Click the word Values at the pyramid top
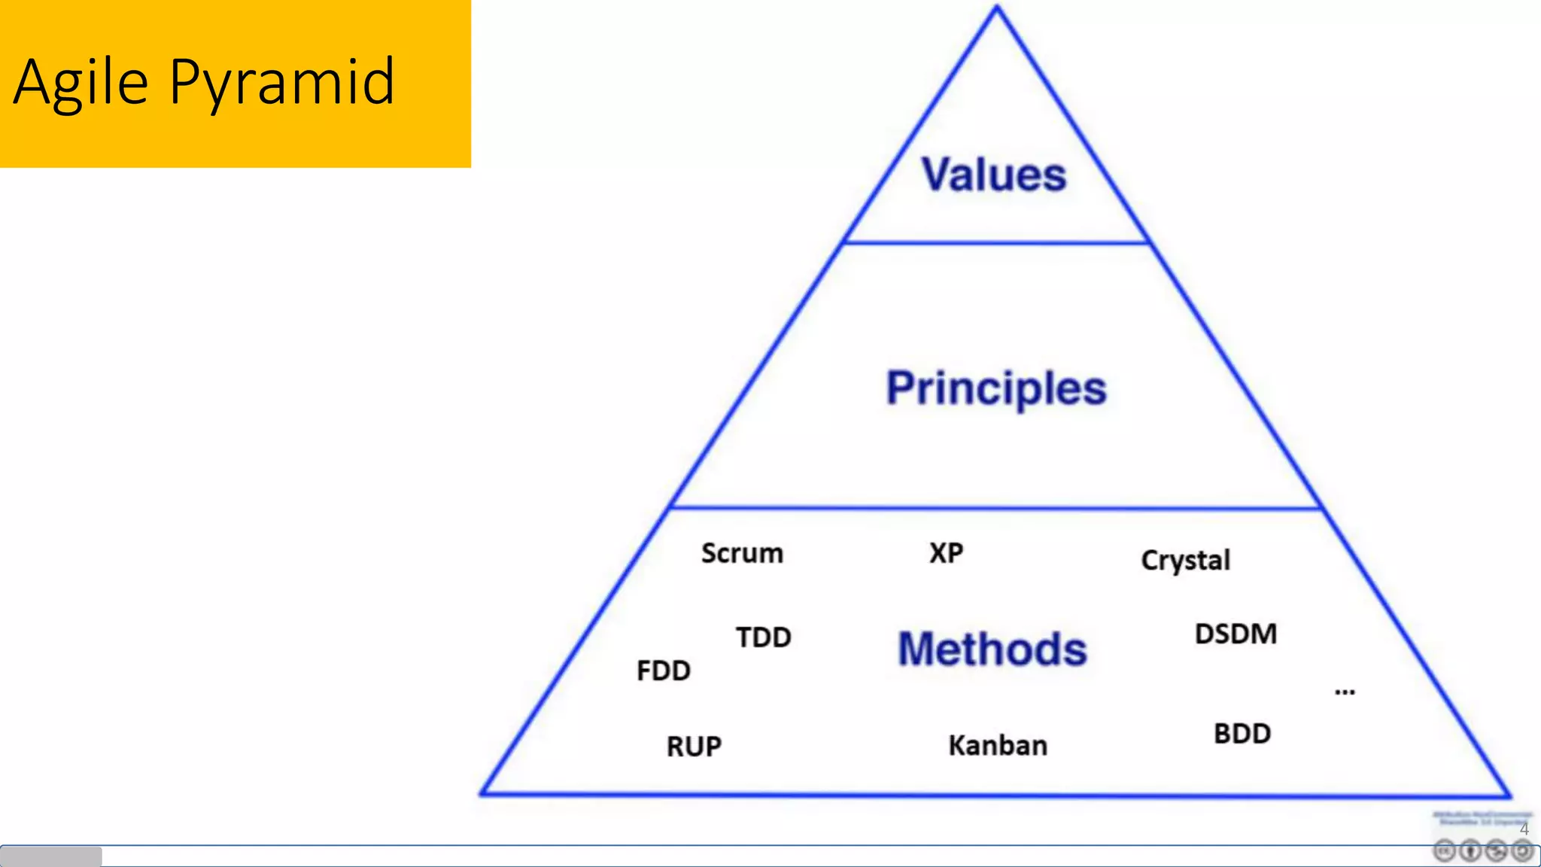994,175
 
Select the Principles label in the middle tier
996,388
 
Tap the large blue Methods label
992,649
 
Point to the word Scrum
742,553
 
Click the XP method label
946,553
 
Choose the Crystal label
1185,561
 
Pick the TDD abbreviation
763,637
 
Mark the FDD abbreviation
663,671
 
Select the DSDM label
1236,634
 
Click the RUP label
694,747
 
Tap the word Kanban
998,745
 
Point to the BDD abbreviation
1242,734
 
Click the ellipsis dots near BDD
1345,692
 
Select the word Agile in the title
81,82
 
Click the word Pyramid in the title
281,82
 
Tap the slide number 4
1524,829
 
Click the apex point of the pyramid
997,8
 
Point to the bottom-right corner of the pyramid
1508,795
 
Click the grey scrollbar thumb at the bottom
51,856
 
